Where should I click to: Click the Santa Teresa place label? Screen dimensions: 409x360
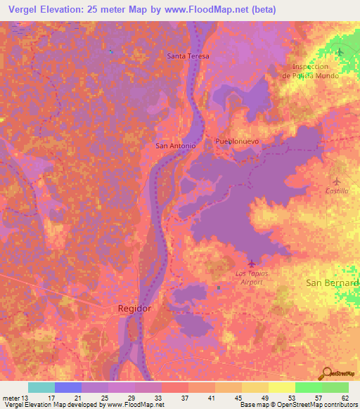pyautogui.click(x=188, y=56)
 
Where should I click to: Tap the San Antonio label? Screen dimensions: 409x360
pyautogui.click(x=175, y=145)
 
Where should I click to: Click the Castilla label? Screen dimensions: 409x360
pyautogui.click(x=337, y=190)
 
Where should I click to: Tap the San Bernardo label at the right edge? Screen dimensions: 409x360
pyautogui.click(x=333, y=283)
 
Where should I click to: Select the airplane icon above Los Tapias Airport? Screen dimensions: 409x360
pyautogui.click(x=252, y=264)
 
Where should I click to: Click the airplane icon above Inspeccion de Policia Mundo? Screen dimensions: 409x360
pyautogui.click(x=340, y=53)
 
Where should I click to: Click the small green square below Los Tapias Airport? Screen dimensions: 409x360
pyautogui.click(x=219, y=287)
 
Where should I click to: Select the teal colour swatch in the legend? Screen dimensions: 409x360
pyautogui.click(x=41, y=387)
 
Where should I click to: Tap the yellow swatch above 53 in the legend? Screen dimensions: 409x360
pyautogui.click(x=282, y=387)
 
